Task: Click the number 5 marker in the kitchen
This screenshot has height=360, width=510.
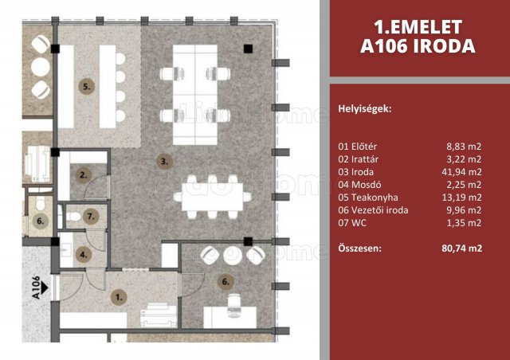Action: click(87, 87)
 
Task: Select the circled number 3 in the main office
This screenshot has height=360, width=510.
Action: click(164, 162)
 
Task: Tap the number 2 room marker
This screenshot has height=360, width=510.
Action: click(83, 175)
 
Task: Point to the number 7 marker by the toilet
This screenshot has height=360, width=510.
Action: click(91, 216)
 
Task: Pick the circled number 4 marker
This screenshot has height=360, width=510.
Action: click(83, 255)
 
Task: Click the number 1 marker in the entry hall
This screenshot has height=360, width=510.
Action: click(119, 297)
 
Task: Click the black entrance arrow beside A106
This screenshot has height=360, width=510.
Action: click(45, 288)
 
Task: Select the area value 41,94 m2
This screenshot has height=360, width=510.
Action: click(461, 172)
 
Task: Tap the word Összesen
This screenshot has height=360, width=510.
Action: click(359, 248)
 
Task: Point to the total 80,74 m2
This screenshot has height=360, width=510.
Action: click(462, 248)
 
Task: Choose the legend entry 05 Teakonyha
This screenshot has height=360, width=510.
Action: click(368, 198)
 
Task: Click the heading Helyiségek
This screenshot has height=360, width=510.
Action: click(365, 109)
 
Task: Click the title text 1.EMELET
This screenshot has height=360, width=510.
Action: click(418, 27)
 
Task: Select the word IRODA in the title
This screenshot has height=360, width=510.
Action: click(445, 46)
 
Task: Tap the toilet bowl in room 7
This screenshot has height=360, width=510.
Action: click(74, 217)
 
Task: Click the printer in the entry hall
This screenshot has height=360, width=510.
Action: click(159, 315)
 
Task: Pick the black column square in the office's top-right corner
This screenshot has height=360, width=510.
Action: click(248, 49)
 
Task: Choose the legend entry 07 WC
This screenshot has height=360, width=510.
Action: click(352, 223)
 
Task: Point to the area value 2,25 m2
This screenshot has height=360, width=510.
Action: click(464, 185)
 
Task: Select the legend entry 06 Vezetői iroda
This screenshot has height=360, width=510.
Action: click(373, 210)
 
